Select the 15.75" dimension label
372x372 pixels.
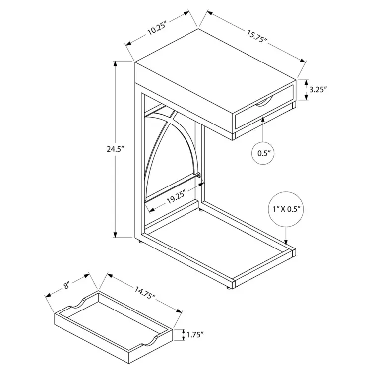[257, 36]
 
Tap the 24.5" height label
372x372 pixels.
[116, 149]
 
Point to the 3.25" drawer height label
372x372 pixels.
[318, 90]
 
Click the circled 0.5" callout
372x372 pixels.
[264, 153]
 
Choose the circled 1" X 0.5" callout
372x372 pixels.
[287, 209]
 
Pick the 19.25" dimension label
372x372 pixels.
[175, 197]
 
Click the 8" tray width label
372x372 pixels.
[66, 285]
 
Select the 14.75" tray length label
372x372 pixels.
[145, 293]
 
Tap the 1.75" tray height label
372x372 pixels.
[195, 335]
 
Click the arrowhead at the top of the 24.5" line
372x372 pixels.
[115, 64]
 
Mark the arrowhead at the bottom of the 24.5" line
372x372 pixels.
[115, 234]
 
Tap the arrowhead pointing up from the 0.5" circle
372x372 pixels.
[263, 120]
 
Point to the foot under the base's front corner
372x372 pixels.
[228, 288]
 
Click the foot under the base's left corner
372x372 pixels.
[140, 242]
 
